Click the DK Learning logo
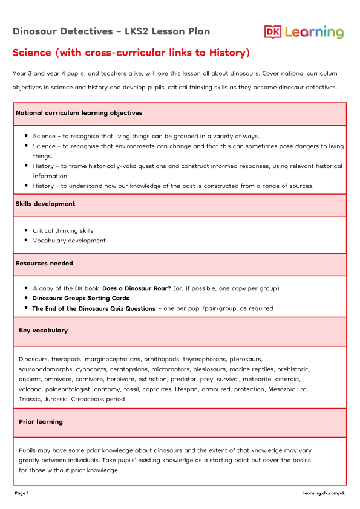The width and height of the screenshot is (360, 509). click(x=304, y=32)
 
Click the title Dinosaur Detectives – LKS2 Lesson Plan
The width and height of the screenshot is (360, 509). click(x=111, y=31)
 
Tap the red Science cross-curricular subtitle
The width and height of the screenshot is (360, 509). click(x=131, y=53)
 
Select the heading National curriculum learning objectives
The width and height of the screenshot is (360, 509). click(x=79, y=113)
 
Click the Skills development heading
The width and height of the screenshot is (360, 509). click(x=45, y=204)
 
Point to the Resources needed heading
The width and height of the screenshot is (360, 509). click(x=44, y=264)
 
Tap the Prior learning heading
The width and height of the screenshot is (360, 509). click(x=41, y=421)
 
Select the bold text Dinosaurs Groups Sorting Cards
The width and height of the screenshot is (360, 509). click(x=80, y=298)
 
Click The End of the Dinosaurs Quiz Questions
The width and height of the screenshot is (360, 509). click(x=94, y=308)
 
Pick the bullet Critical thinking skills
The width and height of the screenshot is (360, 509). click(x=63, y=230)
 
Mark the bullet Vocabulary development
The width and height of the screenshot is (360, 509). click(x=69, y=241)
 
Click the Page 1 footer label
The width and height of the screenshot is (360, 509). click(x=22, y=493)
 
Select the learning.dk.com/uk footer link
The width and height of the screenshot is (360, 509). click(x=324, y=493)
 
